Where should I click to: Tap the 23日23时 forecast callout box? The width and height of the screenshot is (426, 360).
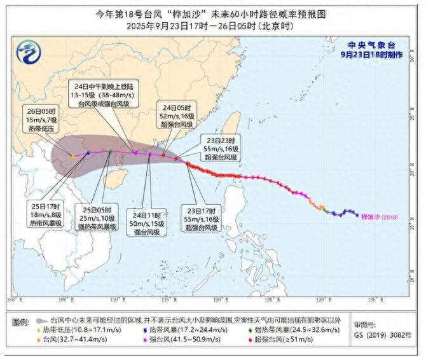tap(220, 148)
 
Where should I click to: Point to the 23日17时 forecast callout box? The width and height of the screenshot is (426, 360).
tap(203, 218)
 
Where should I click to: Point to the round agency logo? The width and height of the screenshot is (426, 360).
tap(27, 50)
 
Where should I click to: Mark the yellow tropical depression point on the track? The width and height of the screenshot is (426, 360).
tap(73, 156)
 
